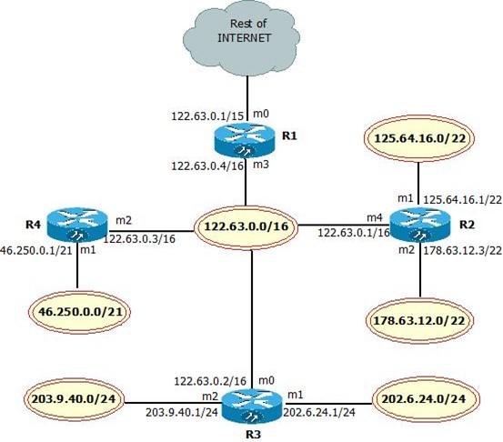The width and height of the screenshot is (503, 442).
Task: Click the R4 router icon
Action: (77, 220)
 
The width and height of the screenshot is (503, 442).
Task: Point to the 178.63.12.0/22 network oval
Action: (418, 319)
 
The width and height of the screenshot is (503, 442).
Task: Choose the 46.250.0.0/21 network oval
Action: (78, 311)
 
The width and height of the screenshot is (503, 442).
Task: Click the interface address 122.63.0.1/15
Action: (204, 116)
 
